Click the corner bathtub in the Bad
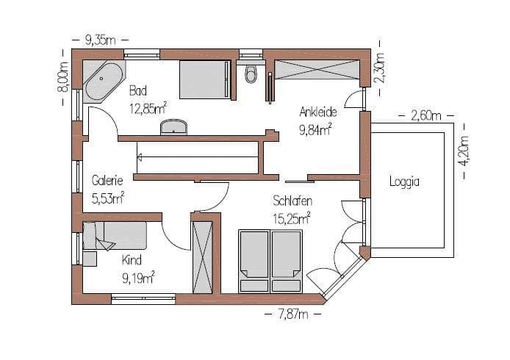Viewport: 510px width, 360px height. (x=104, y=82)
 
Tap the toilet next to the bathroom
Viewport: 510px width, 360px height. (x=251, y=73)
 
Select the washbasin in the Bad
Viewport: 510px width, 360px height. (x=173, y=127)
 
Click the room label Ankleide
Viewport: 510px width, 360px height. (x=317, y=112)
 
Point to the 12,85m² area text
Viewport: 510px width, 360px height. (x=148, y=108)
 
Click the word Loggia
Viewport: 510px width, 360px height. (x=404, y=181)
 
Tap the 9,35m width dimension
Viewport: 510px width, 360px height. (x=100, y=40)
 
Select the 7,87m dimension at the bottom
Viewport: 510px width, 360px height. (x=293, y=314)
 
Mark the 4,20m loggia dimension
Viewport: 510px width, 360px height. (x=464, y=151)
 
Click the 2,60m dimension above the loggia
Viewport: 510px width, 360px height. (x=425, y=115)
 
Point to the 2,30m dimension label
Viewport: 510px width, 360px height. (x=380, y=68)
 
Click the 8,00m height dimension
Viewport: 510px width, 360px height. (x=63, y=77)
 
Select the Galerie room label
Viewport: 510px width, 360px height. (x=107, y=181)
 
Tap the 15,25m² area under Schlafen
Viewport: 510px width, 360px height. (x=292, y=218)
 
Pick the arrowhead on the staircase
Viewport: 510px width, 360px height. (x=140, y=158)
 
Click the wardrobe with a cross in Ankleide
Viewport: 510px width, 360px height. (x=317, y=69)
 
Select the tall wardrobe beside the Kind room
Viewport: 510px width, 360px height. (x=202, y=258)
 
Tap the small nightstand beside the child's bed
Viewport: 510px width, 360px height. (x=90, y=259)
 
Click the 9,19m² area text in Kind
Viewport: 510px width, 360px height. (x=138, y=278)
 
